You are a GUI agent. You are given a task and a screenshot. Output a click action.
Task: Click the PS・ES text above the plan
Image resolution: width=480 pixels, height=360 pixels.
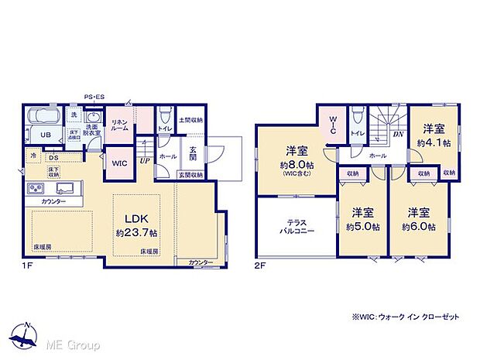pos(94,96)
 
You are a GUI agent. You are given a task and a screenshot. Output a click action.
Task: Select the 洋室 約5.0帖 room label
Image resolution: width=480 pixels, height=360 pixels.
pos(362,219)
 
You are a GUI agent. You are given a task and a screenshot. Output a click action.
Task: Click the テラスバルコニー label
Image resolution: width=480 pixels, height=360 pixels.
pos(295,226)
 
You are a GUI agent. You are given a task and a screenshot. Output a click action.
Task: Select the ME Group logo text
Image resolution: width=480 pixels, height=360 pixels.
pos(70,345)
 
